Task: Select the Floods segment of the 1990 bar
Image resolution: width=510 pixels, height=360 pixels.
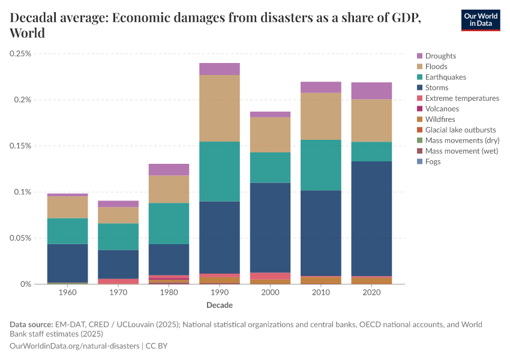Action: click(220, 108)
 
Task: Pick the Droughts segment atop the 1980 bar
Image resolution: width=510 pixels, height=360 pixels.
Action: click(169, 169)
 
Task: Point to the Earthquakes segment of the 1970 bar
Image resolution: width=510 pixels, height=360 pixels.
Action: click(118, 236)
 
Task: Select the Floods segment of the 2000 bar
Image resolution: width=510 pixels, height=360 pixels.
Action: click(270, 134)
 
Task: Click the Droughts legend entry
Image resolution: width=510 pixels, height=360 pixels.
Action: click(440, 56)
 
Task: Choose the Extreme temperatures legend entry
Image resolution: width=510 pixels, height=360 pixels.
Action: click(462, 98)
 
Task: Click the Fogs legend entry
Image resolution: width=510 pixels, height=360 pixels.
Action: click(433, 161)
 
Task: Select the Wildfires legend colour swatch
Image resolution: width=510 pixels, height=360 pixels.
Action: click(420, 119)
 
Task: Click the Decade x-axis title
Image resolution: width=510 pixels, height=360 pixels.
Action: click(220, 305)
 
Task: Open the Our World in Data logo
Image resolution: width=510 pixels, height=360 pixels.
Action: click(480, 20)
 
